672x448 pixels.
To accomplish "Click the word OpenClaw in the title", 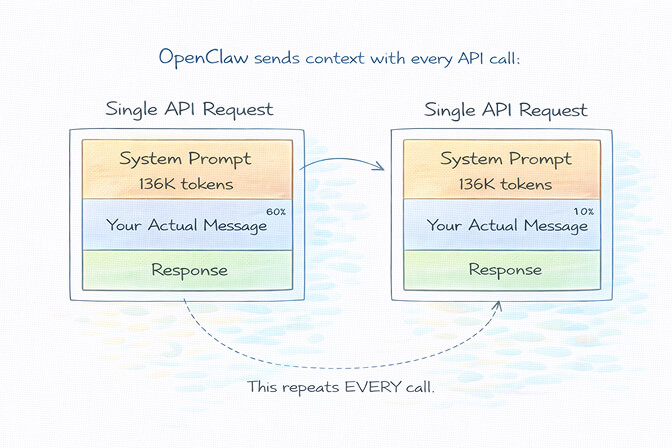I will (203, 57).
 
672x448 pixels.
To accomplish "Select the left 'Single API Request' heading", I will (189, 109).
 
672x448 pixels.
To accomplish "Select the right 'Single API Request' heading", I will (505, 109).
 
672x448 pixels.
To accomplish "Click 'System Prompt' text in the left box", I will (187, 159).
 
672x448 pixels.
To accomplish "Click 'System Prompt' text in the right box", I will (505, 159).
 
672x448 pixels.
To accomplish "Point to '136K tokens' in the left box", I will (187, 184).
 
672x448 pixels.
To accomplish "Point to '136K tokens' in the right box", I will (505, 184).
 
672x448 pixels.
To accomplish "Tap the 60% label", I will (276, 211).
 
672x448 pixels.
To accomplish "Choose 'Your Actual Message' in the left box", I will (187, 226).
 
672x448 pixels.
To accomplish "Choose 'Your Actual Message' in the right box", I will (507, 226).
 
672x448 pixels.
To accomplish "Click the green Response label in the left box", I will (189, 270).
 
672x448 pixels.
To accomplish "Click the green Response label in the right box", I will (505, 270).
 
